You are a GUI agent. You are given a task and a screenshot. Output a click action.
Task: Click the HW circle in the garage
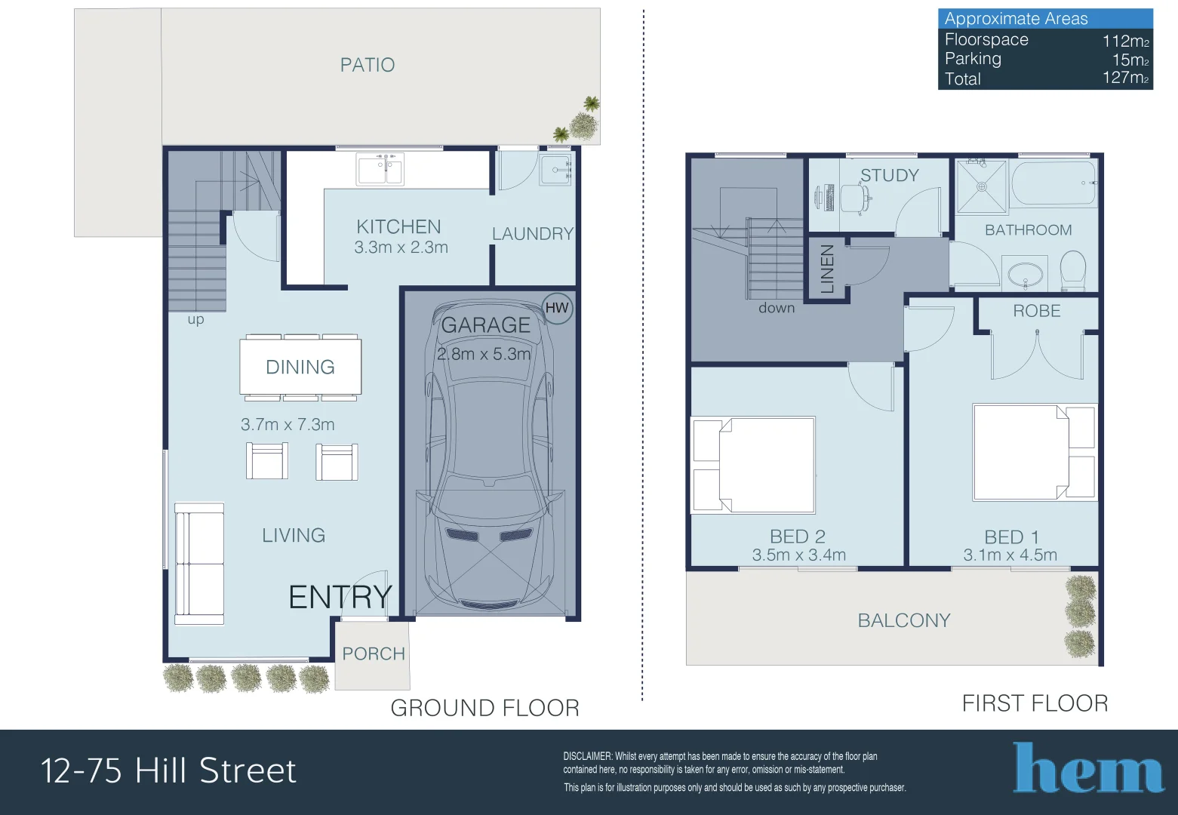(x=557, y=308)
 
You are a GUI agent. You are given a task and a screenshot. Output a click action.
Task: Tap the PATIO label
(x=367, y=65)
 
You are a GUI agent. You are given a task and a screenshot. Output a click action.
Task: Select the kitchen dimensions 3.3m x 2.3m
(x=401, y=247)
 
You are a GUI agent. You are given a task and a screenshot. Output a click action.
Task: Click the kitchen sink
(x=380, y=169)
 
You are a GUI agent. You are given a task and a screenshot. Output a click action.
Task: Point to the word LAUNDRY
(x=533, y=233)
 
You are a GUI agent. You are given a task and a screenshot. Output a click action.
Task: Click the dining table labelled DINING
(x=300, y=367)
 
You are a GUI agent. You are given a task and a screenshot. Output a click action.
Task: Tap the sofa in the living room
(x=199, y=564)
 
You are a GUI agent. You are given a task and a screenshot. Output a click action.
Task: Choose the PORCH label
(x=374, y=654)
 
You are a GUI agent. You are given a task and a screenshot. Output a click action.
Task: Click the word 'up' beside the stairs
(x=195, y=320)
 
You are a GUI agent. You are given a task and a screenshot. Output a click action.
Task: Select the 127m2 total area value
(x=1125, y=78)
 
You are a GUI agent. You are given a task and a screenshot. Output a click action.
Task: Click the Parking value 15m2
(x=1130, y=60)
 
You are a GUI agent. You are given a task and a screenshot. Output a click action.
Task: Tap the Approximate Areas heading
(x=1016, y=19)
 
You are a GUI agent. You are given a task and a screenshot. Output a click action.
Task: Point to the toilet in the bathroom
(x=1073, y=270)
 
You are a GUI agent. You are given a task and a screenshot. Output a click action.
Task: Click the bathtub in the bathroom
(x=1054, y=183)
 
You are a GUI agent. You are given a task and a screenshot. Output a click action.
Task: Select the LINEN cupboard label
(x=827, y=269)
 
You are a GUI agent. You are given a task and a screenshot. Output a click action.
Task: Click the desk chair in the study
(x=855, y=198)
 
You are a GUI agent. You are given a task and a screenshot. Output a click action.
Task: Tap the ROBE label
(x=1037, y=311)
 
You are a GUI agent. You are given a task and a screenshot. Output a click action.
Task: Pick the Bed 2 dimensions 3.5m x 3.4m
(x=799, y=555)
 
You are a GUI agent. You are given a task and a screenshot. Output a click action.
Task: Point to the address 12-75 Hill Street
(x=169, y=770)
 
